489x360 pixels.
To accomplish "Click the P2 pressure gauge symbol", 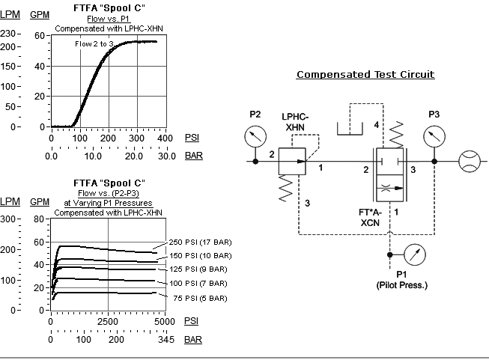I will pos(255,136).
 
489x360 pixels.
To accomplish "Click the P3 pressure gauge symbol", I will pos(434,136).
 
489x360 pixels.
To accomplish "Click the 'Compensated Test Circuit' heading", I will pos(365,75).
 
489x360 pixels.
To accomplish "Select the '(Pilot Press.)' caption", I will pos(401,286).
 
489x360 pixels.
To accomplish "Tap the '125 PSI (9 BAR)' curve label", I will pos(195,269).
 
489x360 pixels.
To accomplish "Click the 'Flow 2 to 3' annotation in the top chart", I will pos(94,44).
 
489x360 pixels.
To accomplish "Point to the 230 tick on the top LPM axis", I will pos(8,35).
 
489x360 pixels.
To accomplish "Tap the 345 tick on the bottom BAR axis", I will pos(166,340).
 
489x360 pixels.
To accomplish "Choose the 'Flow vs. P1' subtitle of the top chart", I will pos(109,19).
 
